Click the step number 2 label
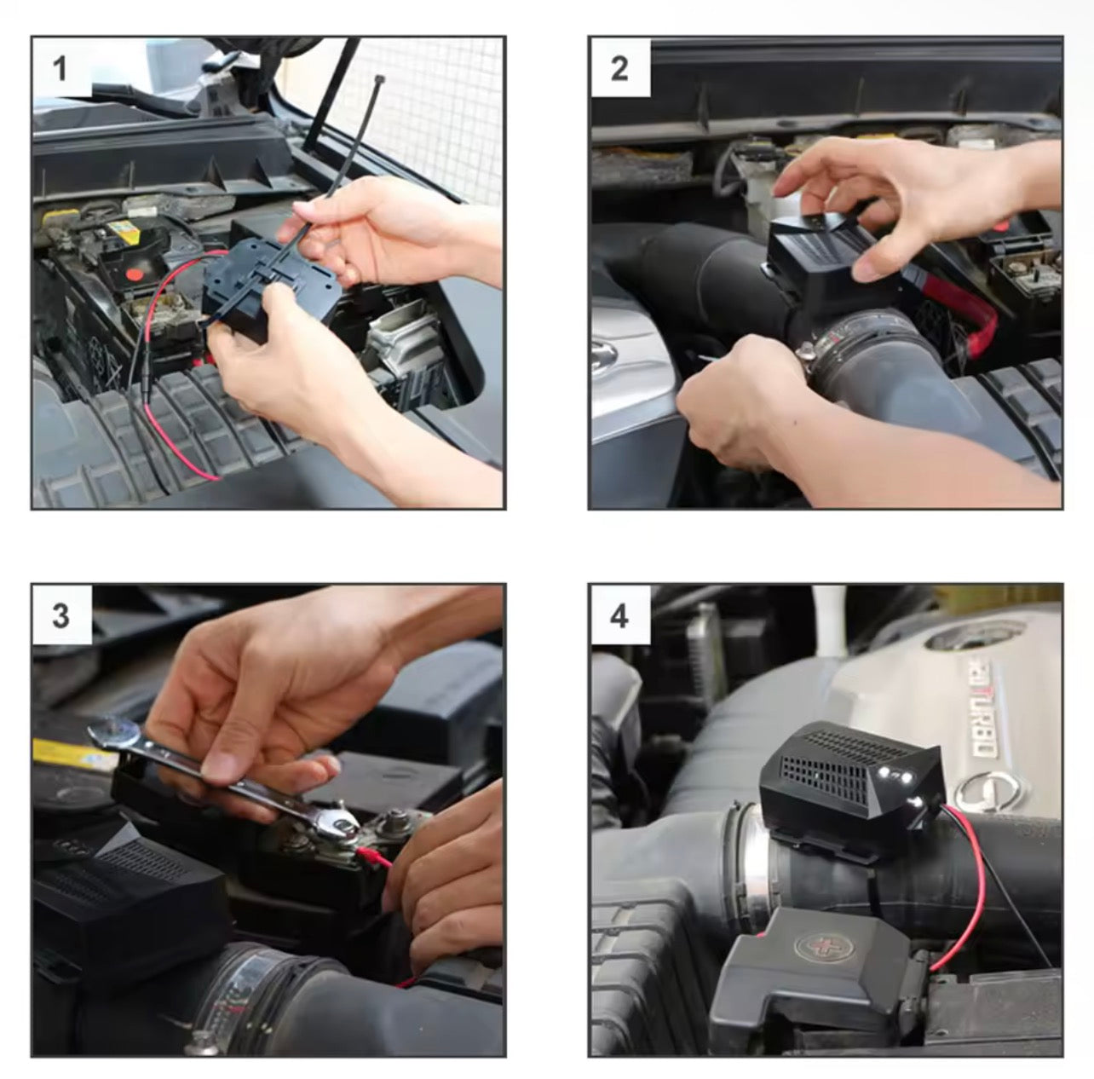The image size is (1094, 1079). click(619, 69)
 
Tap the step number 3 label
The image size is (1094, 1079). click(60, 616)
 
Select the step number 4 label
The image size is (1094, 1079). click(619, 616)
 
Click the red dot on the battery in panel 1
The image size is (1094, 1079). click(134, 274)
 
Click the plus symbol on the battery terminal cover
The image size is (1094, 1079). click(817, 947)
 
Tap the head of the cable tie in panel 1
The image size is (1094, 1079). click(379, 79)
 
